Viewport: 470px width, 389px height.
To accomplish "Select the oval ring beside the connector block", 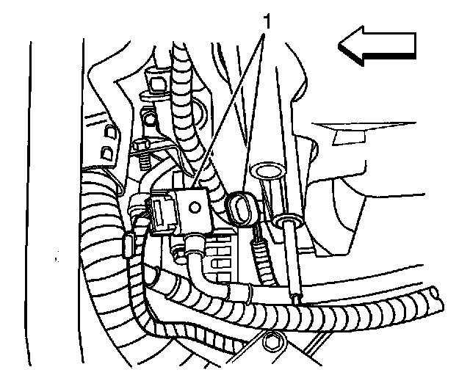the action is pyautogui.click(x=239, y=206).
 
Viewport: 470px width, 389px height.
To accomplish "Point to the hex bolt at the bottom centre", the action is pyautogui.click(x=272, y=342).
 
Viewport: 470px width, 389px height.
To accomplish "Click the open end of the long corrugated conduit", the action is pyautogui.click(x=439, y=299).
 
